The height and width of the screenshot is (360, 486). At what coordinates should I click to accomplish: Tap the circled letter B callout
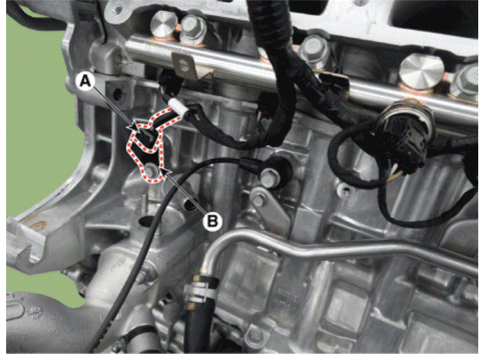tap(213, 221)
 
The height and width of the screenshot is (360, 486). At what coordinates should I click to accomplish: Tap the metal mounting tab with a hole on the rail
tap(185, 66)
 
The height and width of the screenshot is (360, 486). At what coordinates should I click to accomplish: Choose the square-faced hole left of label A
tap(117, 92)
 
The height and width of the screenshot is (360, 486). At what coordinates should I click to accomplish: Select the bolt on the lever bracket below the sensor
tap(258, 200)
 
